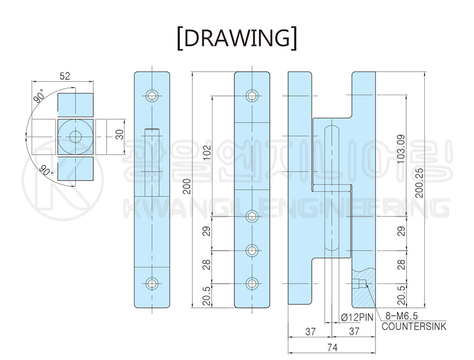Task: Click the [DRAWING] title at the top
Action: (237, 39)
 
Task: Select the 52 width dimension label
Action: (65, 76)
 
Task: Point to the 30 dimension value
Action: (119, 136)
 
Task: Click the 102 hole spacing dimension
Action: (207, 153)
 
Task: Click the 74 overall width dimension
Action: (332, 348)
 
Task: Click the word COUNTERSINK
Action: (414, 326)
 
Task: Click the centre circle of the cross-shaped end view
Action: (76, 136)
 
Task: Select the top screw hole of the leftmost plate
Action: (152, 95)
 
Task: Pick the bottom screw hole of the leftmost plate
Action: (152, 283)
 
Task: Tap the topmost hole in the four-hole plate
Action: (252, 95)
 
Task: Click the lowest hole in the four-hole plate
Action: (252, 283)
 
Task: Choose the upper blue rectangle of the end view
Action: (76, 104)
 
